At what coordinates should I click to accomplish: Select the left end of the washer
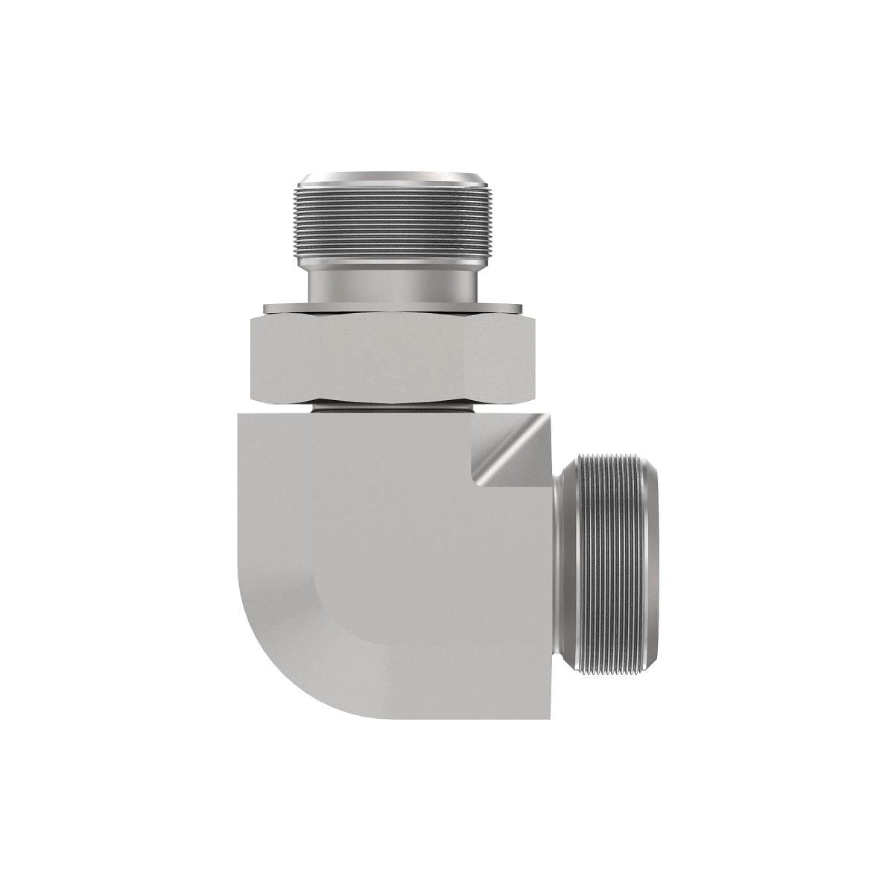(x=265, y=307)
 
